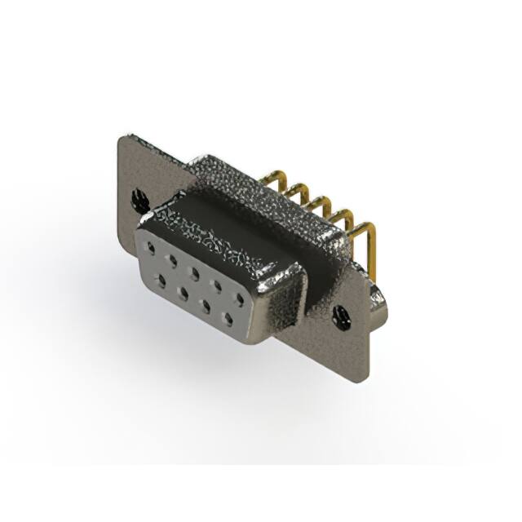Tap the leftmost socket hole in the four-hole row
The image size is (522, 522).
point(161,279)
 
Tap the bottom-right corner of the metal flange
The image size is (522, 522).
point(366,377)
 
